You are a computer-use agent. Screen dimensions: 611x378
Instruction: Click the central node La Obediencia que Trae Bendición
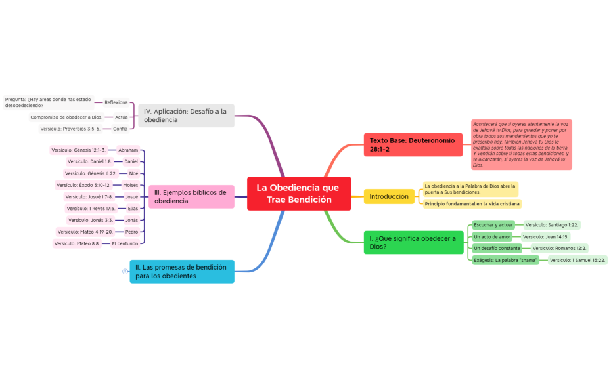[299, 194]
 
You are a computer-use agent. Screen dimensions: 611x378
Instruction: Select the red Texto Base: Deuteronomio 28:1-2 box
[413, 145]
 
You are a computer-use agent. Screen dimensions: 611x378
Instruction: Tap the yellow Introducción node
[389, 197]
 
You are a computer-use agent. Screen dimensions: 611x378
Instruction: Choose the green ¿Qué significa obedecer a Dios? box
[413, 243]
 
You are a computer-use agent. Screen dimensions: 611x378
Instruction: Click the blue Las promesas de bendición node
[182, 272]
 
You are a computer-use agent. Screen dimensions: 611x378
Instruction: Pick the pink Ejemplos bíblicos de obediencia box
[191, 197]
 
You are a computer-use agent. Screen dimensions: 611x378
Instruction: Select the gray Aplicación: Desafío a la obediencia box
[187, 115]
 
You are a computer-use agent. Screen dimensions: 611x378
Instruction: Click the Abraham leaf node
[128, 150]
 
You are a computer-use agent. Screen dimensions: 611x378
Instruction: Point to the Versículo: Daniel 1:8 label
[89, 161]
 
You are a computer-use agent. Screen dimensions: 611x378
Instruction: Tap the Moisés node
[131, 185]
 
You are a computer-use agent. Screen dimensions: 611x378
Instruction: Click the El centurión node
[125, 243]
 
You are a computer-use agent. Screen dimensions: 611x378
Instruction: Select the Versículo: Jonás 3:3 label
[91, 220]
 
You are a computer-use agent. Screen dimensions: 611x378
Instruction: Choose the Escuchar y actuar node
[493, 225]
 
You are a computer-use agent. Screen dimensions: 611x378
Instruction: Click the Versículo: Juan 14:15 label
[545, 237]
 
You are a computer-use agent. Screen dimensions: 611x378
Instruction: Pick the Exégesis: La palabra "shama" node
[505, 260]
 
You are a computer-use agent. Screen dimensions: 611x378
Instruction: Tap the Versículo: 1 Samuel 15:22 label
[577, 260]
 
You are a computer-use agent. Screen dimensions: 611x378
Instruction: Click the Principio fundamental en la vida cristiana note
[472, 204]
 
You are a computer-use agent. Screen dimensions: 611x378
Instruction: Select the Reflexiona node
[116, 103]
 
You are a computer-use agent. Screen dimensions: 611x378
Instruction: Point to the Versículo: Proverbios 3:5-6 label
[70, 129]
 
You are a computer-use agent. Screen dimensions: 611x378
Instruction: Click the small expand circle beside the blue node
[125, 272]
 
